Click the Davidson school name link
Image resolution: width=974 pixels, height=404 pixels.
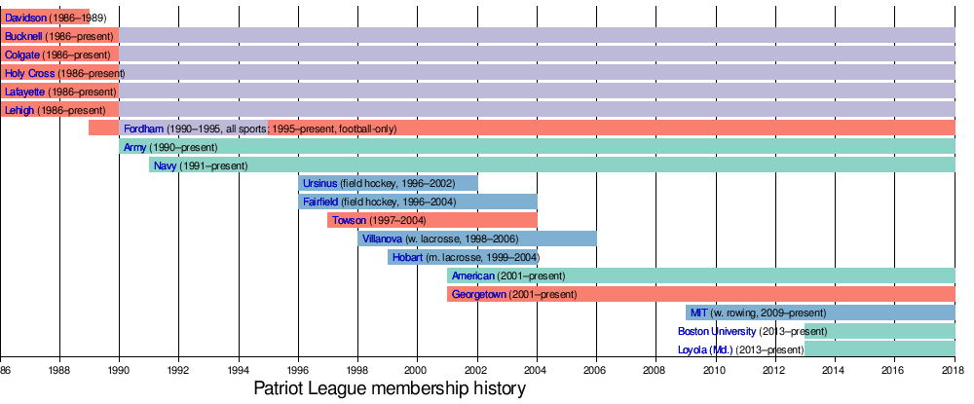(24, 17)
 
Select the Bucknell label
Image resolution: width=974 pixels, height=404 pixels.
(22, 35)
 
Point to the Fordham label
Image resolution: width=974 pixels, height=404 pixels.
(143, 129)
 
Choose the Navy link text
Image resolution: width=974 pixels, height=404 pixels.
(166, 165)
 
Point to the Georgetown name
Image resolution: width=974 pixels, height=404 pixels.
(479, 294)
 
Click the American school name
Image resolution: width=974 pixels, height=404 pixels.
(473, 276)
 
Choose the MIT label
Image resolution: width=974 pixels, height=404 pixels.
(698, 312)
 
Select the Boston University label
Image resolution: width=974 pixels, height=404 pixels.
(717, 331)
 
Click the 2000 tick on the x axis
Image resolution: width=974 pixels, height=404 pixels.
(417, 370)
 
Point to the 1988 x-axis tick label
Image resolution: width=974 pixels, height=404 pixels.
(59, 370)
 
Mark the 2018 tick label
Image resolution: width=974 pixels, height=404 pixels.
(954, 370)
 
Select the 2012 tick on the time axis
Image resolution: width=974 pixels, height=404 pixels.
(774, 370)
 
